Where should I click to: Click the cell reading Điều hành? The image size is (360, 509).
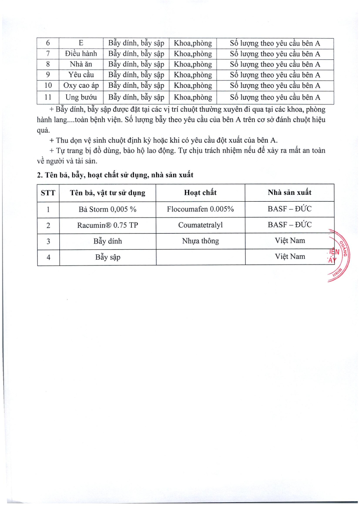pyautogui.click(x=81, y=54)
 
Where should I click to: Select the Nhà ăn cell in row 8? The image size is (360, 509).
pyautogui.click(x=81, y=64)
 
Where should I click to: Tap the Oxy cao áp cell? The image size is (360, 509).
pyautogui.click(x=81, y=86)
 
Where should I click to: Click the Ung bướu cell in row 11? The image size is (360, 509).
pyautogui.click(x=81, y=97)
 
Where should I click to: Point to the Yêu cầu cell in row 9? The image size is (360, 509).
pyautogui.click(x=81, y=75)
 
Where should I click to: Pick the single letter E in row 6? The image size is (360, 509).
pyautogui.click(x=81, y=44)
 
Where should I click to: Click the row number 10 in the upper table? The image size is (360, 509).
pyautogui.click(x=48, y=86)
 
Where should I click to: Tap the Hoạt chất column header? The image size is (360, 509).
pyautogui.click(x=200, y=193)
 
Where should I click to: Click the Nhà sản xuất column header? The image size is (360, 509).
pyautogui.click(x=289, y=193)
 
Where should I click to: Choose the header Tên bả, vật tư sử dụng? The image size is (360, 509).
pyautogui.click(x=108, y=193)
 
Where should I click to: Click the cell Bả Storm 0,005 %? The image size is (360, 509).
pyautogui.click(x=108, y=209)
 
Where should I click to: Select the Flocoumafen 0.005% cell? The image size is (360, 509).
pyautogui.click(x=200, y=209)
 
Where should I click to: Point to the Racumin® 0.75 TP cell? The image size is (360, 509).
pyautogui.click(x=108, y=225)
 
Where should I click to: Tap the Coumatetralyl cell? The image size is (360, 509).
pyautogui.click(x=200, y=225)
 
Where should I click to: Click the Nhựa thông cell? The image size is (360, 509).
pyautogui.click(x=200, y=241)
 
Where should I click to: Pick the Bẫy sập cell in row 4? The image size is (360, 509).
pyautogui.click(x=108, y=257)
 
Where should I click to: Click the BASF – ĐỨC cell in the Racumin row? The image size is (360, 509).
pyautogui.click(x=289, y=225)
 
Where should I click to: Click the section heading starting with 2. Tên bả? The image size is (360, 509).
pyautogui.click(x=115, y=174)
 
